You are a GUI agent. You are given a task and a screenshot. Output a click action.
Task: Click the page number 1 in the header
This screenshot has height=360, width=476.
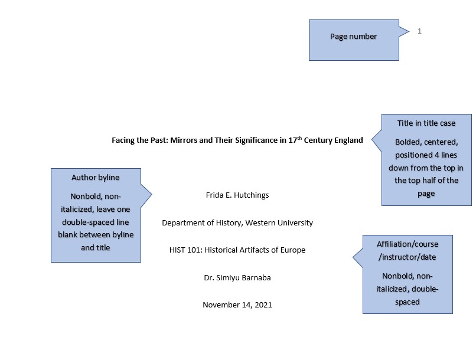click(x=419, y=31)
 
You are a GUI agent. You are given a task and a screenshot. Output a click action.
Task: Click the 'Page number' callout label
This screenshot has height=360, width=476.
click(x=353, y=37)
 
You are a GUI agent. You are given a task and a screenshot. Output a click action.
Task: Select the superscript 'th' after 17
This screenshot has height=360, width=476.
click(x=299, y=138)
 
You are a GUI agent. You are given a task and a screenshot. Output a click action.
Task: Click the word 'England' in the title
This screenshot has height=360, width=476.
click(x=348, y=140)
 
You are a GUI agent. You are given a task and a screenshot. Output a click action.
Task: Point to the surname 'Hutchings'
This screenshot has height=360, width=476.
click(x=252, y=195)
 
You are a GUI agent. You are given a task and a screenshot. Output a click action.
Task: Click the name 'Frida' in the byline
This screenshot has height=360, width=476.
click(x=214, y=195)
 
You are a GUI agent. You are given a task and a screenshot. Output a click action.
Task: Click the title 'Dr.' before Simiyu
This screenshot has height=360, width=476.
click(x=209, y=277)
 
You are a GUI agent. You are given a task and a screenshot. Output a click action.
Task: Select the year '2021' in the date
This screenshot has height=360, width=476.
click(x=263, y=305)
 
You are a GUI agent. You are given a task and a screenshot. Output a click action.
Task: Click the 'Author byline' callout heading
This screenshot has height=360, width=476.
click(x=95, y=178)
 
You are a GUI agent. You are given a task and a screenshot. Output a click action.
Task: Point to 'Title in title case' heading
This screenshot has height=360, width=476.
click(x=426, y=123)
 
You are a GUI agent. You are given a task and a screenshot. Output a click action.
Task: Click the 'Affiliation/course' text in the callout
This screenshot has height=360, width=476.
click(x=407, y=244)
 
